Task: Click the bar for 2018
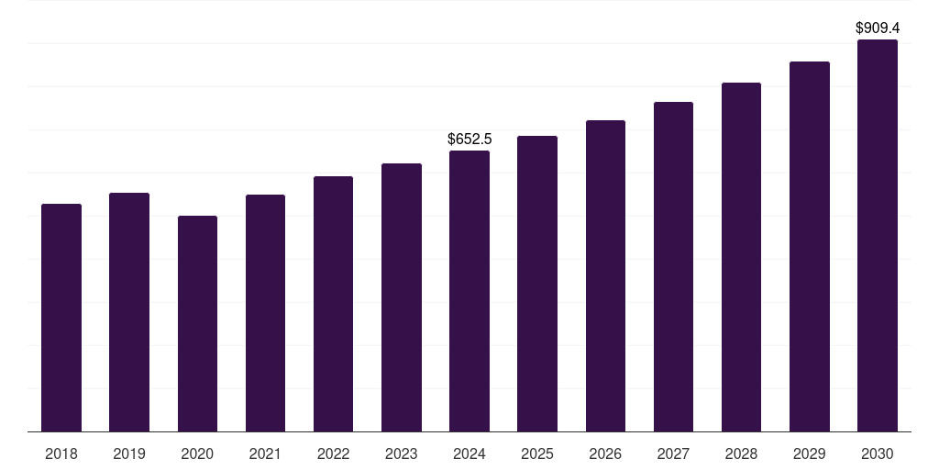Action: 61,318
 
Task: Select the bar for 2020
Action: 197,323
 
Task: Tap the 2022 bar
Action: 333,304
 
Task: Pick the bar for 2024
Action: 469,291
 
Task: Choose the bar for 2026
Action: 605,275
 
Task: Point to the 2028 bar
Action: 741,257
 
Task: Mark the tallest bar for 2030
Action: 878,235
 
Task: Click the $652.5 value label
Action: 469,140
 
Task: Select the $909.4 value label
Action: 878,28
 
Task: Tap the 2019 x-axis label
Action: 129,453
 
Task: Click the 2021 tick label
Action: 265,453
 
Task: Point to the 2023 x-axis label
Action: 402,453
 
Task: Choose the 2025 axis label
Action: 537,453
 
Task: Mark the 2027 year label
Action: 673,453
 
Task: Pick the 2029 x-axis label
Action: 810,453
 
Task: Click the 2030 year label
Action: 878,453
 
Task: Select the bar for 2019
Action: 129,312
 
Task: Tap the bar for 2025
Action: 537,284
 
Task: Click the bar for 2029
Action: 810,246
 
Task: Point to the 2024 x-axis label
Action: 469,453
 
